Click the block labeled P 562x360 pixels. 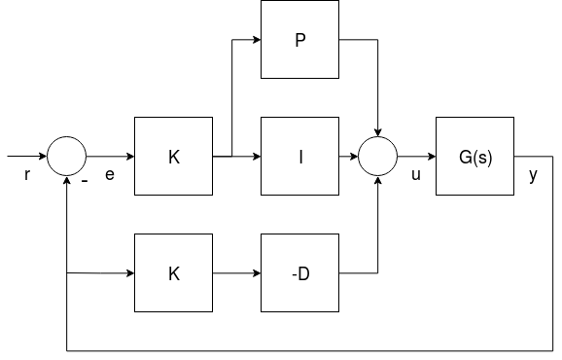pyautogui.click(x=300, y=40)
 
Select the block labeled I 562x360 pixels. pyautogui.click(x=300, y=156)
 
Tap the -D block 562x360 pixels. pyautogui.click(x=300, y=273)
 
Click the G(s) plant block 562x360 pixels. pyautogui.click(x=475, y=156)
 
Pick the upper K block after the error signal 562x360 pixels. pyautogui.click(x=174, y=156)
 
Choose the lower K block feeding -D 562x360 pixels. pyautogui.click(x=174, y=273)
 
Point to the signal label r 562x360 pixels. pyautogui.click(x=26, y=178)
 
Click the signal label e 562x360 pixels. pyautogui.click(x=109, y=178)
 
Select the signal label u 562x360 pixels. pyautogui.click(x=416, y=178)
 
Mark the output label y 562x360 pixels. pyautogui.click(x=532, y=178)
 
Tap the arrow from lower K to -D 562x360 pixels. pyautogui.click(x=237, y=273)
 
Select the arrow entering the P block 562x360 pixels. pyautogui.click(x=248, y=40)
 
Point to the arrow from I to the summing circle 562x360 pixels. pyautogui.click(x=348, y=156)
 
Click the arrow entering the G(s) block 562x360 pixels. pyautogui.click(x=416, y=156)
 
